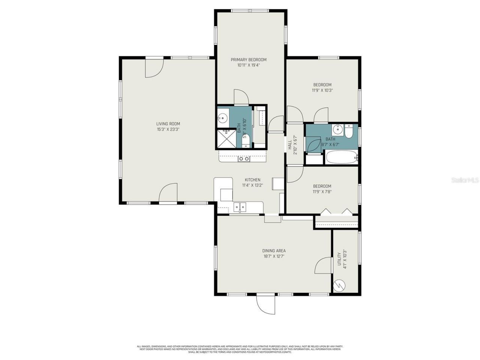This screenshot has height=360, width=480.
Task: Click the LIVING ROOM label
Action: coord(168,124)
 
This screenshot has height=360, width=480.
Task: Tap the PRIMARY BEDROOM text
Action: coord(248,60)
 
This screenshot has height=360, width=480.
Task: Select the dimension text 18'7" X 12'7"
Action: coord(274,257)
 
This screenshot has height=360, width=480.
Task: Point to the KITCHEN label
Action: coord(252,180)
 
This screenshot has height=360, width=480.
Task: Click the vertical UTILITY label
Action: coord(339,259)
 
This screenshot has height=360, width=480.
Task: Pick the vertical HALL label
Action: coord(290,145)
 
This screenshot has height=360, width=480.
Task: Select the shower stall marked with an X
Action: coord(226,139)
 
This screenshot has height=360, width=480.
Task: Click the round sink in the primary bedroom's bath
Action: coord(223,118)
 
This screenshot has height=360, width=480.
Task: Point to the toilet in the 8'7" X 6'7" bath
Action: coord(349,132)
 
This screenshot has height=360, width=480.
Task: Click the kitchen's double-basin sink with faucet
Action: coord(240,207)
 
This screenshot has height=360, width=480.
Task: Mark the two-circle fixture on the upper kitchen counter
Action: coord(244,159)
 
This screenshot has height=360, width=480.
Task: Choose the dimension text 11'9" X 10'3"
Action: coord(322,90)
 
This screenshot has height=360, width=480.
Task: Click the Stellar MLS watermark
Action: coord(465,180)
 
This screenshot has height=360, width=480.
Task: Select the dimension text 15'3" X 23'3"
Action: coord(168,130)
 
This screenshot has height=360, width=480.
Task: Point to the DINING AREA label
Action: coord(274,251)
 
